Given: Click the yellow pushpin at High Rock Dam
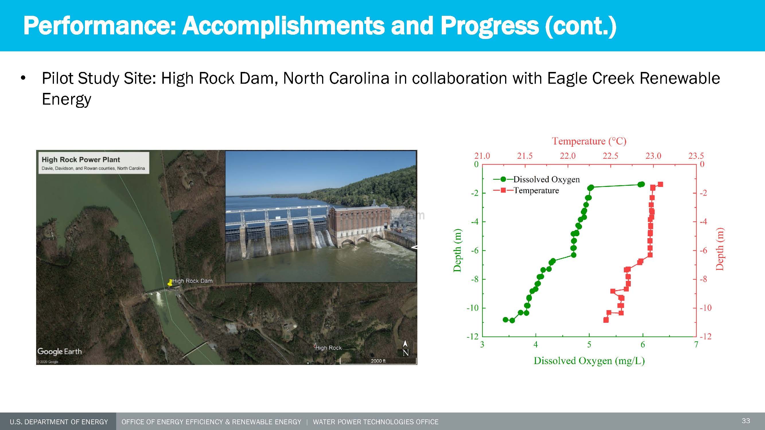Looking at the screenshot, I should (x=170, y=283).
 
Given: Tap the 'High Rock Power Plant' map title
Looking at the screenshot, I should (x=81, y=160).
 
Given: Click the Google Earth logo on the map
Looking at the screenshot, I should (x=59, y=351).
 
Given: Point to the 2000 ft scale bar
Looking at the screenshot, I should (x=378, y=361).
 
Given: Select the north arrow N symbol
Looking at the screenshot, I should (x=405, y=349).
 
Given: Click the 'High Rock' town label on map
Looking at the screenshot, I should (x=328, y=348).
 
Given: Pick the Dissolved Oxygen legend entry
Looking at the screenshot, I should (x=536, y=179).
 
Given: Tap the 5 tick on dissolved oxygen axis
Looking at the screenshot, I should (x=589, y=345).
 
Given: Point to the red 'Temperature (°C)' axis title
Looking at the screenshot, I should (x=589, y=141).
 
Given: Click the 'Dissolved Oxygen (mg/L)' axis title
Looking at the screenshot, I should (x=589, y=361).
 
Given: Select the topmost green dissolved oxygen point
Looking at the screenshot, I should (x=641, y=184).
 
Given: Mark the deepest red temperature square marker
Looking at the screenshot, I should (x=606, y=320).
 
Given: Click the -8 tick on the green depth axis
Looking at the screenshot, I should (x=474, y=279).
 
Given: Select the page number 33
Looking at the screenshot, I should (x=746, y=421).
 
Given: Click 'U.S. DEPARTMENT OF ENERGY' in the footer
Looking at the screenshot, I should (x=59, y=422).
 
